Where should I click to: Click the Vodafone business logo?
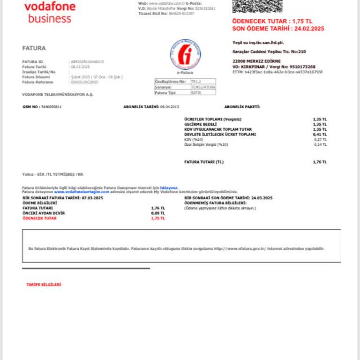[x=49, y=13]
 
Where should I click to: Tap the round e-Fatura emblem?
[x=185, y=55]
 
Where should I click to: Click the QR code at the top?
[x=257, y=6]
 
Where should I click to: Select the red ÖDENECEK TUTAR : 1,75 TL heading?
[x=272, y=22]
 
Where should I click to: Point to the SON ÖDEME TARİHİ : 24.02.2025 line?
[x=278, y=29]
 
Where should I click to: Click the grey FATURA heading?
[x=34, y=48]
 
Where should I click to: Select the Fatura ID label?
[x=32, y=62]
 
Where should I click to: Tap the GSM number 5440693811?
[x=51, y=107]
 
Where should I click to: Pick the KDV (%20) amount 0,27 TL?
[x=320, y=139]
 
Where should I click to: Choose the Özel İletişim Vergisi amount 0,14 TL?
[x=320, y=144]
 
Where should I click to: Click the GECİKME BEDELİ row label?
[x=201, y=124]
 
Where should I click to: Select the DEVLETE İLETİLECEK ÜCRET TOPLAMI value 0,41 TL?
[x=320, y=135]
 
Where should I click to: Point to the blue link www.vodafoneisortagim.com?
[x=82, y=192]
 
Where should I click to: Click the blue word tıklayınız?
[x=169, y=187]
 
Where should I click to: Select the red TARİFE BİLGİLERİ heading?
[x=44, y=285]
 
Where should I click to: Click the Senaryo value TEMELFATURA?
[x=203, y=87]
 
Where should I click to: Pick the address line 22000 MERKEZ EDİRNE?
[x=256, y=61]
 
